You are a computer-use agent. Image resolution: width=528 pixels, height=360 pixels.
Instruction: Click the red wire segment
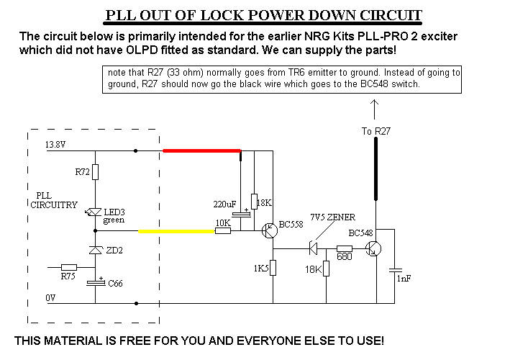[201, 150]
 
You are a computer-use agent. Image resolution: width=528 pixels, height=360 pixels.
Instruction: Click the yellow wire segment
[176, 232]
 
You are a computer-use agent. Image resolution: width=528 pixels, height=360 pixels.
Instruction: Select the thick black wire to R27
[375, 168]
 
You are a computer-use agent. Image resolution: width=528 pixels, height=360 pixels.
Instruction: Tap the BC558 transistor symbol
[270, 231]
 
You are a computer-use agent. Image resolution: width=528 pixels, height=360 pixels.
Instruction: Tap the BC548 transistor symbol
[373, 248]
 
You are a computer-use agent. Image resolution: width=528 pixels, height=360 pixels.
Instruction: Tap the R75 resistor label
[68, 276]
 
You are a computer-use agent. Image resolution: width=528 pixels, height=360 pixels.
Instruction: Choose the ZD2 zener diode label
[114, 251]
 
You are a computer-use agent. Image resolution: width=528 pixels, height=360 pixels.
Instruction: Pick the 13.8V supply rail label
[55, 145]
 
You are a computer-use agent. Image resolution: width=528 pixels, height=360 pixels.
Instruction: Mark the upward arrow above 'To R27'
[374, 108]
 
